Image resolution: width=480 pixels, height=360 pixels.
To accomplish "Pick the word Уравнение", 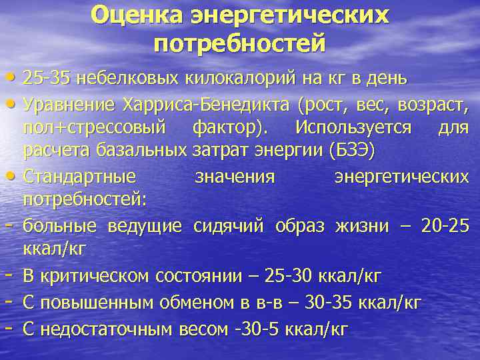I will pos(70,105).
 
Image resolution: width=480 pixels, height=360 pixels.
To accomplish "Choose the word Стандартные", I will pos(79,177).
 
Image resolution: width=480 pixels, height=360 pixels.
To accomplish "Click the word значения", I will pos(235,177).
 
